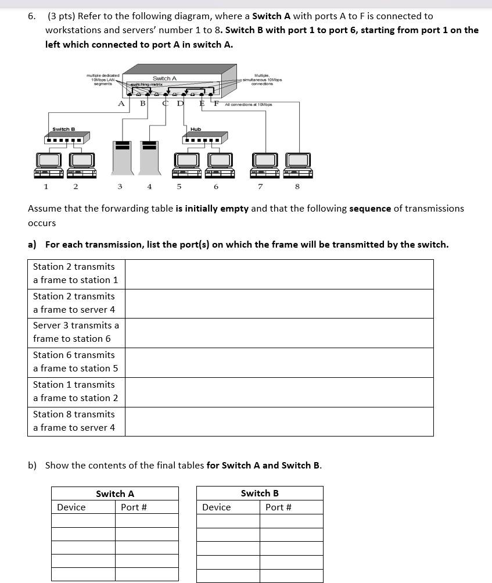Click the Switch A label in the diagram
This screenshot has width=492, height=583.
[164, 78]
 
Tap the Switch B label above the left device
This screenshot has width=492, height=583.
[63, 129]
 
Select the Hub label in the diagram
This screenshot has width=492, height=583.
[196, 129]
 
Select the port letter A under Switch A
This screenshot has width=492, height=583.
[121, 103]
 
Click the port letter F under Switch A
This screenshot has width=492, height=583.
[216, 103]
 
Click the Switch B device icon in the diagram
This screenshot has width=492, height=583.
[67, 138]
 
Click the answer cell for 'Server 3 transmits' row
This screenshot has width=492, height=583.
[279, 332]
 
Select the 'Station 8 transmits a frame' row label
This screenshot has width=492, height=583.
[74, 421]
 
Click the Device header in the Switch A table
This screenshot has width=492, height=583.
[71, 507]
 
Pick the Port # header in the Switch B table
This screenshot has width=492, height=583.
[278, 507]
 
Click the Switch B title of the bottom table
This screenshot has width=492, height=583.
[260, 493]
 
